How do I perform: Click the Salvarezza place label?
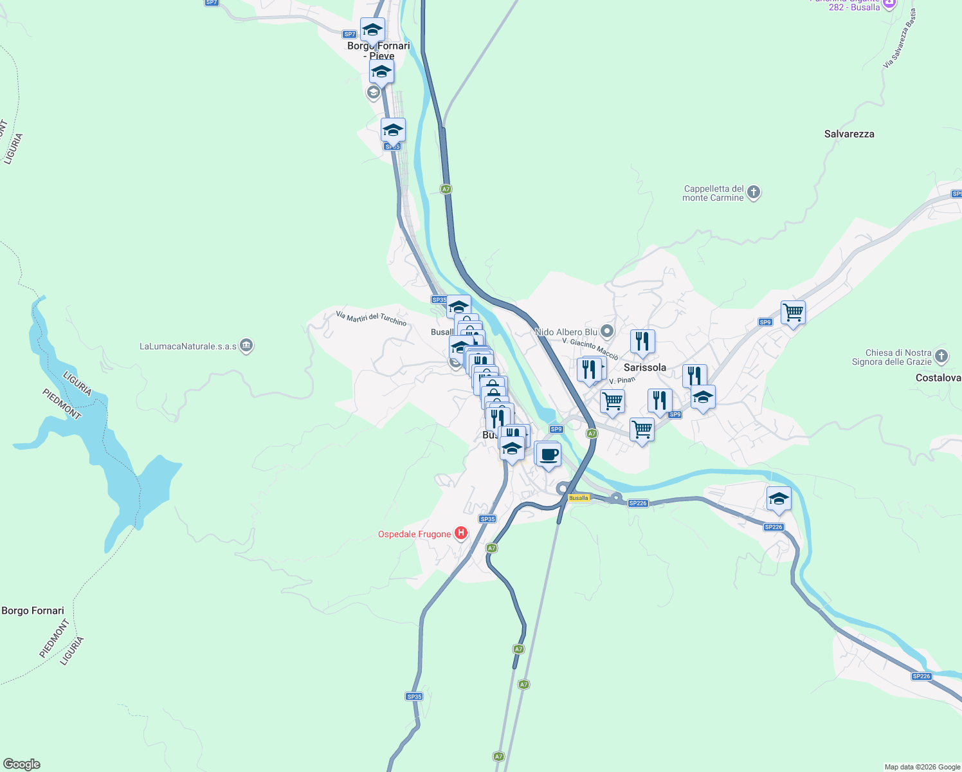click(x=849, y=134)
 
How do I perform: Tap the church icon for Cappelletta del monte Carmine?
click(x=754, y=192)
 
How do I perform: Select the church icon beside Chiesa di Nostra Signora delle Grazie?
click(x=941, y=356)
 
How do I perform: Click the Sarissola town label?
click(x=645, y=367)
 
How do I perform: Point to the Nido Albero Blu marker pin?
click(x=607, y=332)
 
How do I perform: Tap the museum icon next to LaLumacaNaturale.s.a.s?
click(x=246, y=346)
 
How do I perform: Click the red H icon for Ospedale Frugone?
click(x=460, y=533)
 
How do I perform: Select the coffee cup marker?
click(x=549, y=455)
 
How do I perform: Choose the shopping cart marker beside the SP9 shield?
click(x=793, y=313)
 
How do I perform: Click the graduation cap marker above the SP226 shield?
click(x=779, y=499)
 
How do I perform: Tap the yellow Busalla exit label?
click(x=579, y=498)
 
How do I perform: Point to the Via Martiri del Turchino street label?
click(x=371, y=318)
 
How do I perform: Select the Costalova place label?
click(x=938, y=378)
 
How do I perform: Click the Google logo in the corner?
click(x=22, y=764)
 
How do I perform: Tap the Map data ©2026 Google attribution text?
click(x=922, y=767)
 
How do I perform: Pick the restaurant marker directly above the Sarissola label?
click(x=642, y=342)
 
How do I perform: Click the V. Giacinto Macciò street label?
click(x=590, y=349)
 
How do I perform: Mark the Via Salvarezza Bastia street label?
click(x=900, y=39)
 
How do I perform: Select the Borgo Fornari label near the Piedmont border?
click(x=33, y=611)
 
